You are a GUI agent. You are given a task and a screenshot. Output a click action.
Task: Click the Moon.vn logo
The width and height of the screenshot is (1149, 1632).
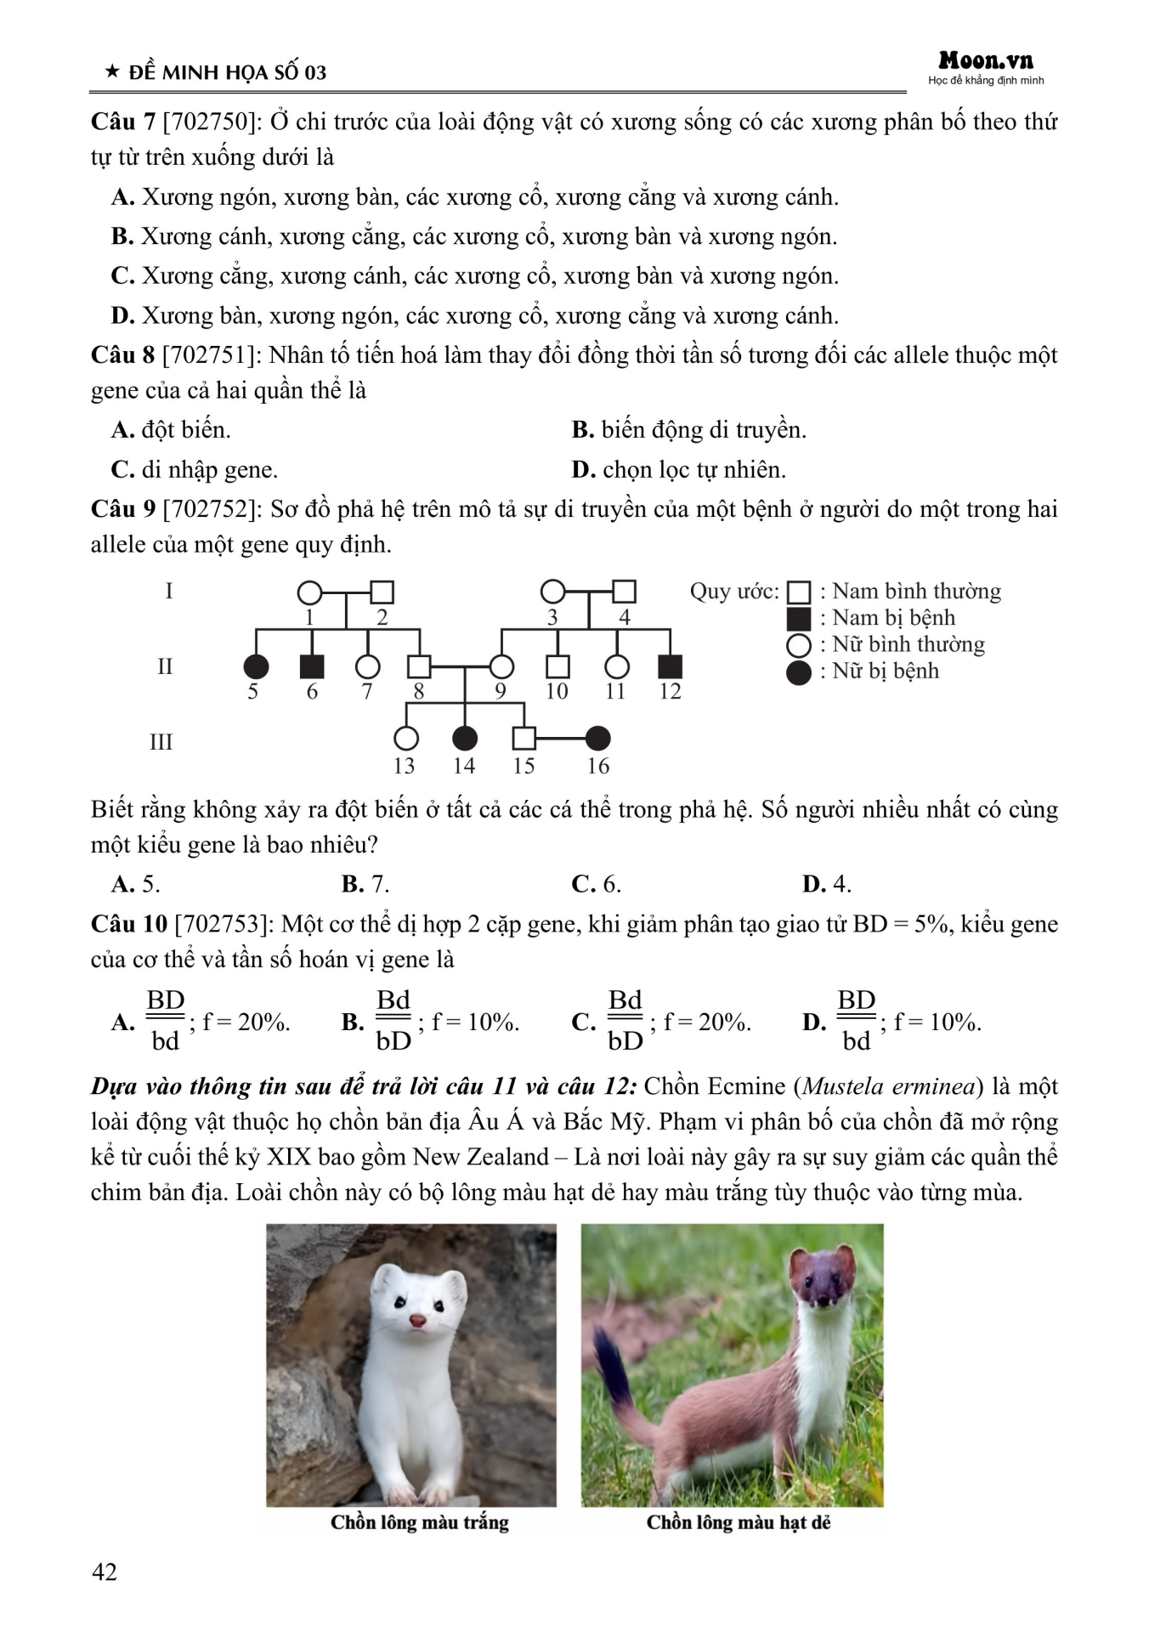coord(986,61)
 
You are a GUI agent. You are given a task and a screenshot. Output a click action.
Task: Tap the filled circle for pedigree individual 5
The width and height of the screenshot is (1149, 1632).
coord(256,667)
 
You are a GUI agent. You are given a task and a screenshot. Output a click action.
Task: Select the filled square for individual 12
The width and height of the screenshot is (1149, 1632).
coord(671,667)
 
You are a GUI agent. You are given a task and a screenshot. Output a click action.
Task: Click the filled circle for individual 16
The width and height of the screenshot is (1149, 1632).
coord(597,739)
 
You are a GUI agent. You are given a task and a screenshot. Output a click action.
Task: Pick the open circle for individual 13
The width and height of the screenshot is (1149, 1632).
coord(406,739)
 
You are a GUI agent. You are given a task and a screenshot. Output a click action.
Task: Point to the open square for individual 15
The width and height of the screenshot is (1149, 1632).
coord(524,739)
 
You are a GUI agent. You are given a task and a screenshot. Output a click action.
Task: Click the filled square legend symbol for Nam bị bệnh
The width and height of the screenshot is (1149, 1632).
coord(799,619)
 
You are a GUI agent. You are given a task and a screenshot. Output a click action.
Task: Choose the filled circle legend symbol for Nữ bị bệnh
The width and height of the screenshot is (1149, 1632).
coord(799,672)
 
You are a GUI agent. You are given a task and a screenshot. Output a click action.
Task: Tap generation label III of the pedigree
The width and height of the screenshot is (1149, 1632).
coord(161,742)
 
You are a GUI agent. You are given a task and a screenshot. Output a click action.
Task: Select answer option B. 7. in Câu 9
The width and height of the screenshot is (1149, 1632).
coord(365,884)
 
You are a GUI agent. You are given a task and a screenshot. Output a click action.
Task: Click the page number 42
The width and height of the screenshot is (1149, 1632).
coord(105,1572)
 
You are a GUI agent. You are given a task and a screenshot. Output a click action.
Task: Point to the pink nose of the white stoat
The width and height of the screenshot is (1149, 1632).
coord(417,1320)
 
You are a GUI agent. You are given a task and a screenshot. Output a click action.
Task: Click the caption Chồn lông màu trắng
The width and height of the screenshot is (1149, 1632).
coord(420,1522)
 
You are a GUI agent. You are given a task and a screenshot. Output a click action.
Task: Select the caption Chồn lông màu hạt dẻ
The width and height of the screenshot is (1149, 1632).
coord(738,1522)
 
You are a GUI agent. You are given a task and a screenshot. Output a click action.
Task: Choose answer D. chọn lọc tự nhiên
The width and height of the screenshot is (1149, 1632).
coord(678,470)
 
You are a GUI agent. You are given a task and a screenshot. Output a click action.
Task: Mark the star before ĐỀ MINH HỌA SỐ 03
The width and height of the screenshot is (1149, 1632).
coord(111,72)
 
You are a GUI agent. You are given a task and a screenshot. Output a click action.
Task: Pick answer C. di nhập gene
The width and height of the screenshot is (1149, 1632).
coord(195,470)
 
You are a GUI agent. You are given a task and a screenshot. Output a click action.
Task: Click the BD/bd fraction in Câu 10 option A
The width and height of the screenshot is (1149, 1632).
coord(166,1021)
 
